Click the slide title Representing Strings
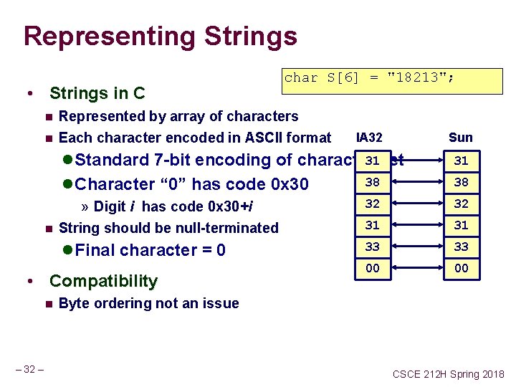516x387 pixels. [x=160, y=36]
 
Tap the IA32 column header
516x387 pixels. [x=368, y=138]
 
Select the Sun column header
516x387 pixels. [x=461, y=138]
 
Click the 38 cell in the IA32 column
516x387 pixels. [x=372, y=182]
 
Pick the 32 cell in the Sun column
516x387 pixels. [x=461, y=204]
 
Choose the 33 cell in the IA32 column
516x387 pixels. [x=372, y=247]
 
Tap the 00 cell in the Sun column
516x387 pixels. [x=461, y=268]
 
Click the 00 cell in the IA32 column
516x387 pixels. [x=372, y=268]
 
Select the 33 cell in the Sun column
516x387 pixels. [x=461, y=247]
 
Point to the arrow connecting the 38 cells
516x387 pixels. [x=416, y=182]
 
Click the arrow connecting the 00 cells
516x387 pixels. [x=416, y=268]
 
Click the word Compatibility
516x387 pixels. [x=103, y=281]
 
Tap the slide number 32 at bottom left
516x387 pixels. [x=29, y=370]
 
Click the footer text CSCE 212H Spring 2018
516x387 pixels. [x=448, y=374]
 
